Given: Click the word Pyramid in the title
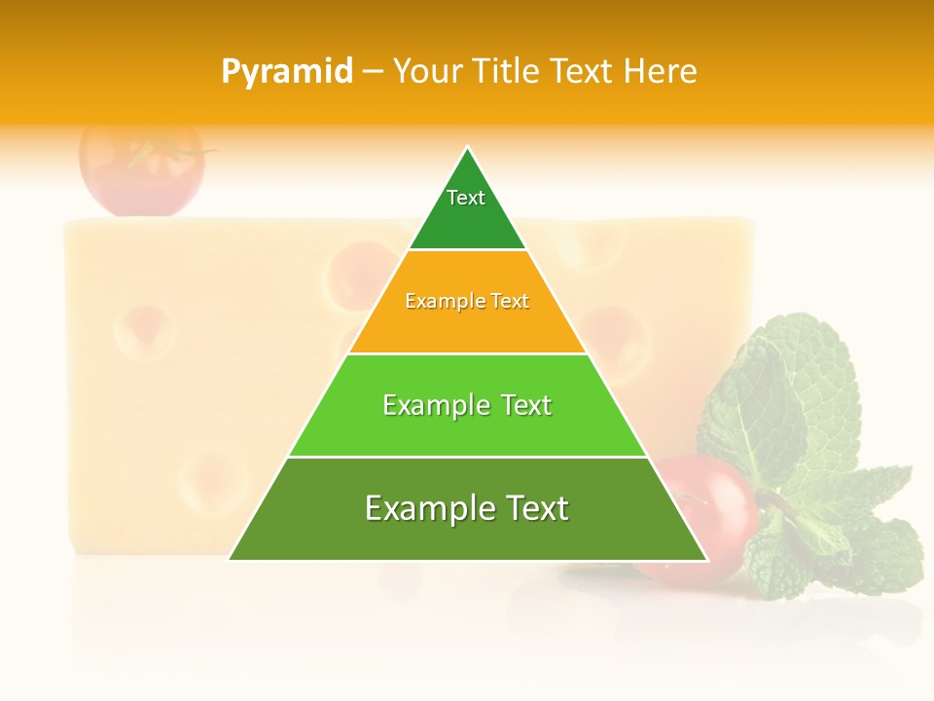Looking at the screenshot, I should [x=287, y=72].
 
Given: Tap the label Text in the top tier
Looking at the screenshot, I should [x=466, y=198].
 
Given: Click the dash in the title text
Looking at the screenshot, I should [x=373, y=72].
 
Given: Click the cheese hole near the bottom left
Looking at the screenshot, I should [x=207, y=477].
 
